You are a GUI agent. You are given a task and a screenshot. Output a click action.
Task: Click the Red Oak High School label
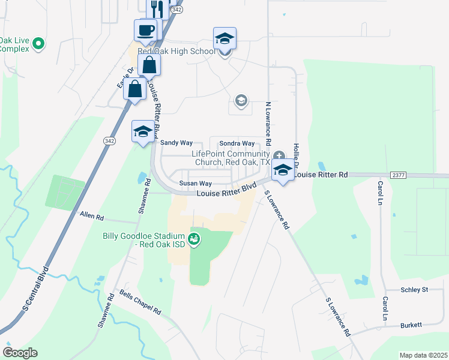coord(176,52)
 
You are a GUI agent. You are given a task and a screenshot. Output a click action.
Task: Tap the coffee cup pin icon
coord(146,30)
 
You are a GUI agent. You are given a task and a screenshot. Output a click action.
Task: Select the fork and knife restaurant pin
coord(157,8)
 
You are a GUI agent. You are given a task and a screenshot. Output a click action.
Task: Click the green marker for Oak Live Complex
coord(39,43)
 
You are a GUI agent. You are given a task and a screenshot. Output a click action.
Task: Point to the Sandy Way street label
coord(176,143)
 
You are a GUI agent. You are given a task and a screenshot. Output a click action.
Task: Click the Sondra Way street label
coord(237,143)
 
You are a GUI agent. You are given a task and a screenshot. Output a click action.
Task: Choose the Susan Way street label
coord(196,184)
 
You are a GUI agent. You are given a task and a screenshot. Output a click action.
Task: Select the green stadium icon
coord(194,240)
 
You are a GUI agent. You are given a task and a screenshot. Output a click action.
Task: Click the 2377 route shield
coord(398,175)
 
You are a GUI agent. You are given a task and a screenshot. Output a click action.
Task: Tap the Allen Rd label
coord(92,215)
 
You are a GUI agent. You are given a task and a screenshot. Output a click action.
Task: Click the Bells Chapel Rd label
coord(140,304)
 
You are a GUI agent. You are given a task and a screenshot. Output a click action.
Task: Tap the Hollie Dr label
coord(296,155)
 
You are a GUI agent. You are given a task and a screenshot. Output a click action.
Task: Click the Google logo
coord(20,353)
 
